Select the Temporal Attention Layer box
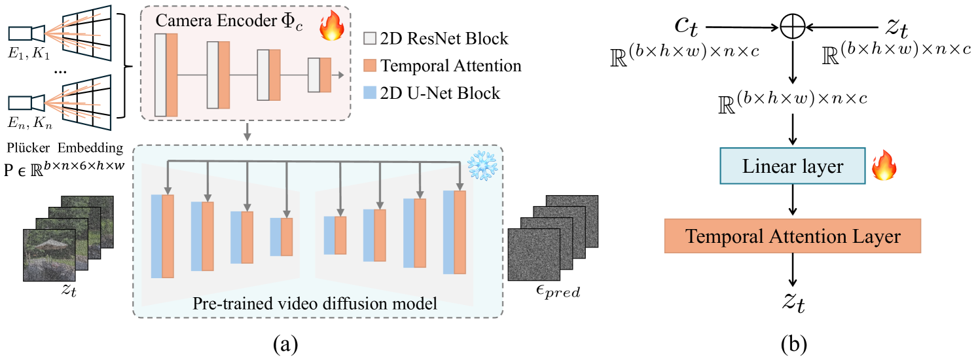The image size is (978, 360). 792,236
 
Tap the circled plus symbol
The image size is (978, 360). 793,27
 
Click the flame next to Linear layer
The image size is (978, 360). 883,168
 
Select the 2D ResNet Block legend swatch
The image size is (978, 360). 371,39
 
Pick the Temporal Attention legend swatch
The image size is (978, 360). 371,65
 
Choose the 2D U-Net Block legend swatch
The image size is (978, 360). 371,93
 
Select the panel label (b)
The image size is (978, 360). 793,343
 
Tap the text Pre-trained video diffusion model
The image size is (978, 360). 314,304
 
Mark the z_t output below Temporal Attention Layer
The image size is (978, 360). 793,302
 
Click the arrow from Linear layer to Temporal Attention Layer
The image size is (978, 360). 793,200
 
